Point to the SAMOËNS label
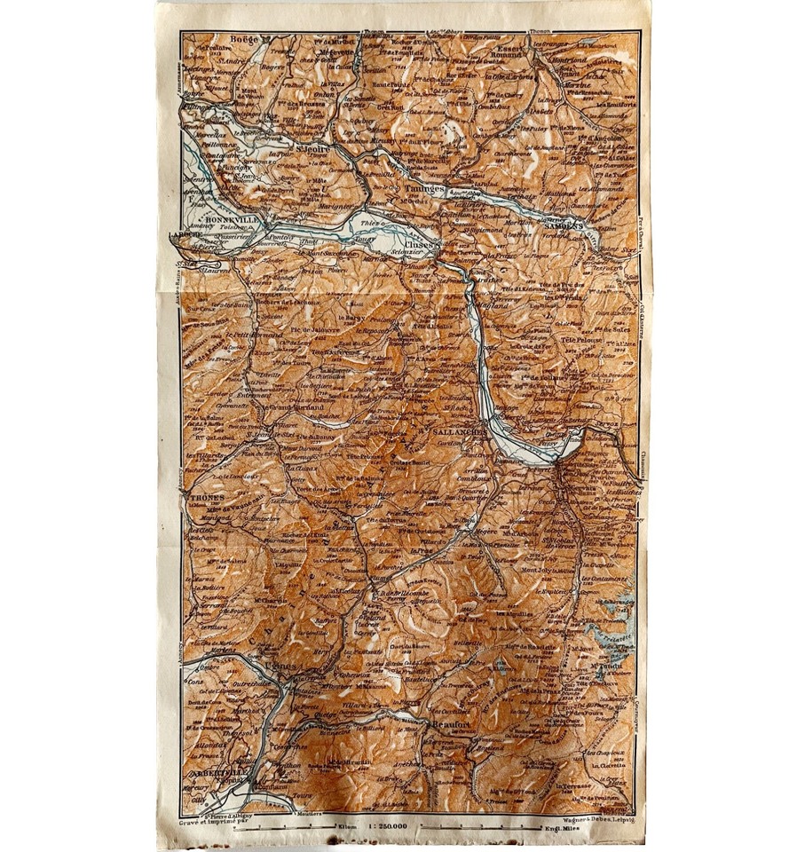tap(563, 225)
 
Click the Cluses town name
tap(421, 241)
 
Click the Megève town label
tap(446, 532)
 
